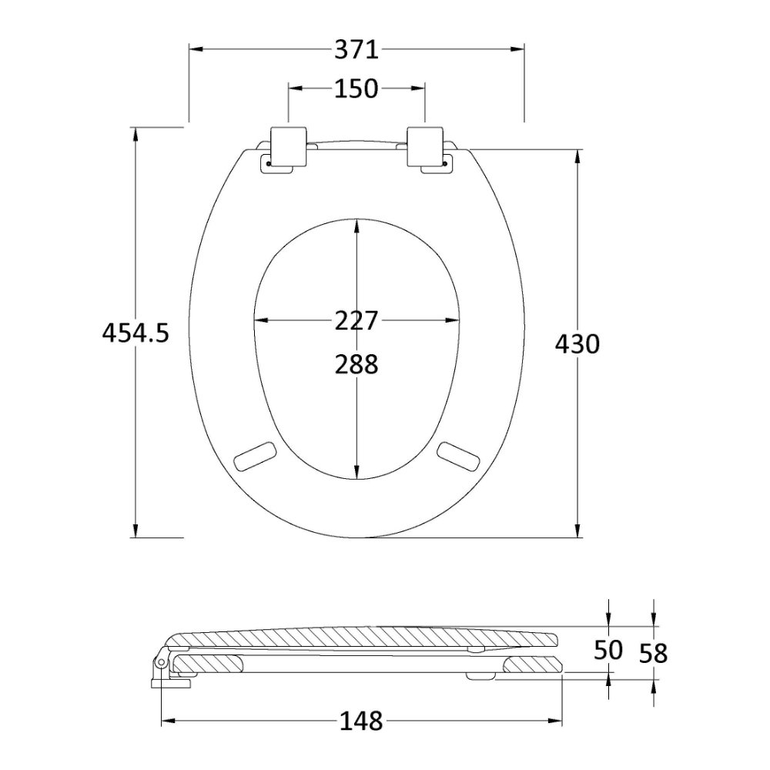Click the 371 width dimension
357,49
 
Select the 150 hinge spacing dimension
356,89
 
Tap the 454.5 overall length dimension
136,333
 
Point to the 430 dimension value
577,343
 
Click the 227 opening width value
357,320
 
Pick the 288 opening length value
357,364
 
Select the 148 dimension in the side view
361,721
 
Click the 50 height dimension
608,650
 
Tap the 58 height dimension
653,654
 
